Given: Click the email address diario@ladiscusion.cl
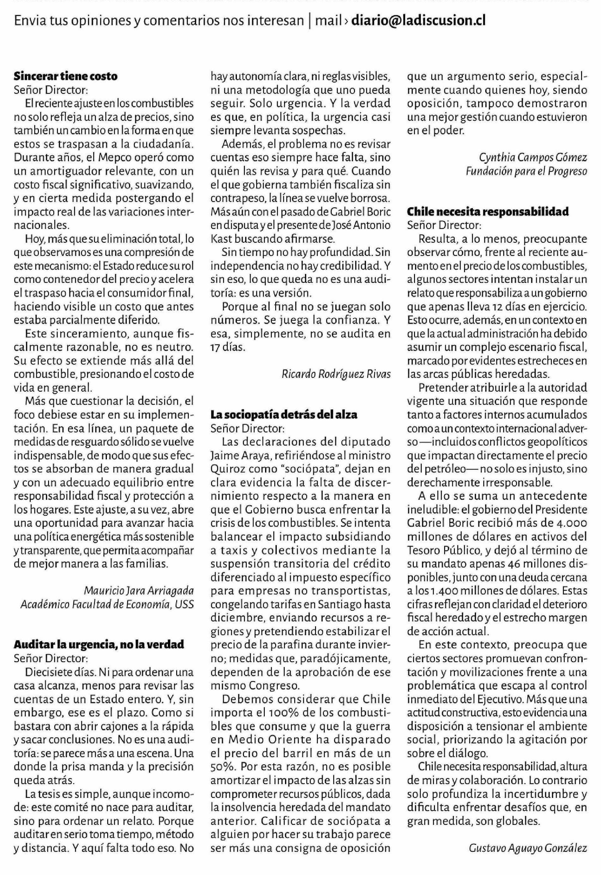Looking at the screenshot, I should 418,20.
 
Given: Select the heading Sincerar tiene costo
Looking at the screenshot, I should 65,76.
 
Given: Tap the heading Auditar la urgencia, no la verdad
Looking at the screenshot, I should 99,644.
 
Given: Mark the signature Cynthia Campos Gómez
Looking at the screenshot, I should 533,157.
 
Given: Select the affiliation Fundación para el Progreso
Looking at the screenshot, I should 526,171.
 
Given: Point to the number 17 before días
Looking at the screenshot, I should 216,347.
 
